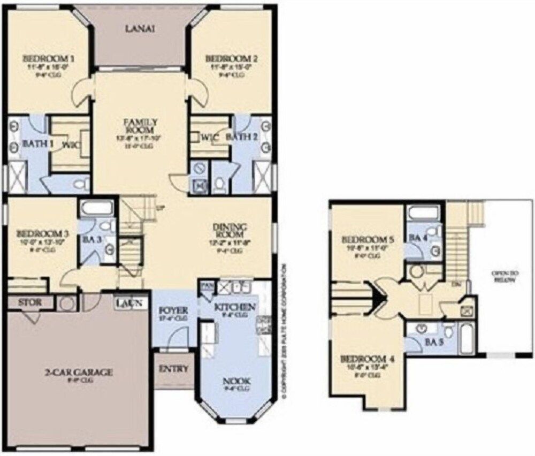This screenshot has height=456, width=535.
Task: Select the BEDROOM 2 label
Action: coord(231,58)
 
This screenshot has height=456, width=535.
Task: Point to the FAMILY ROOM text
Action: coord(140,126)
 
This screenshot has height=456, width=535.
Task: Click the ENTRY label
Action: coord(173,369)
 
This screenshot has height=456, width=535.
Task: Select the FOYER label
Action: coord(173,310)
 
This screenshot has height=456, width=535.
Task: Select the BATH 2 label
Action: coord(243,138)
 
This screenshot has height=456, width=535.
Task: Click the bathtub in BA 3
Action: coord(96,208)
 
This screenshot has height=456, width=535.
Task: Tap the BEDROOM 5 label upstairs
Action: coord(368,239)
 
